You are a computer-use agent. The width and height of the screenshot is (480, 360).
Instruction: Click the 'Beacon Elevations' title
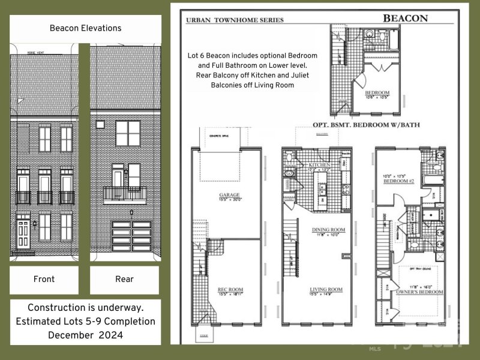[85, 28]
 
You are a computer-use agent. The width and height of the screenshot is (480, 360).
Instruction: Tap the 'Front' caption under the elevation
[44, 279]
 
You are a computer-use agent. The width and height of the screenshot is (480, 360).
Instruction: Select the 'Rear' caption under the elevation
[124, 279]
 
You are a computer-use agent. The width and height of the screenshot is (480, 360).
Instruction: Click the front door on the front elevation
[23, 235]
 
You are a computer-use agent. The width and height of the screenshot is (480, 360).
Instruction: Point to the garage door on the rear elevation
[131, 236]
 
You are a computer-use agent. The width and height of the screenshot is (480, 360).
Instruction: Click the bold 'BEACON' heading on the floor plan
[406, 18]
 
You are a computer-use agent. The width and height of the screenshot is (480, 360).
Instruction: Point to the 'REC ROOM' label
[230, 290]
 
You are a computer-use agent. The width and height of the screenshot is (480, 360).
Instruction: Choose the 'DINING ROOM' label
[325, 230]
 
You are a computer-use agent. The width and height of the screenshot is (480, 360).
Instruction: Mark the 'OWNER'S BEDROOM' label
[419, 292]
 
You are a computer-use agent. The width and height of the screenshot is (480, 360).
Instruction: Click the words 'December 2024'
[85, 335]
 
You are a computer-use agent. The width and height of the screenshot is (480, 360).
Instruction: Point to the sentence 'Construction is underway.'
[85, 307]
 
